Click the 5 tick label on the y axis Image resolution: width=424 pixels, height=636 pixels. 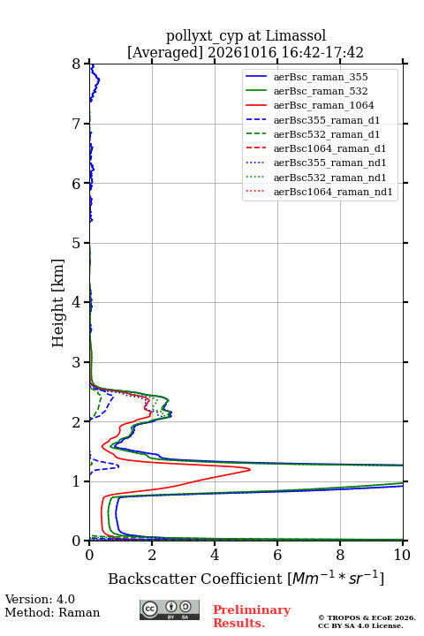click(77, 243)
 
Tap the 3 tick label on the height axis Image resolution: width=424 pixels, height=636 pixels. click(77, 362)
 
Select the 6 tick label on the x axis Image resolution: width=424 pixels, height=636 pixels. click(277, 555)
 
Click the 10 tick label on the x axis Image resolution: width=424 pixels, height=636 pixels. click(403, 555)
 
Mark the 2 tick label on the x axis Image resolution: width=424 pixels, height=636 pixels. click(152, 555)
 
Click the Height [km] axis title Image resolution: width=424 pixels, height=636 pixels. click(57, 303)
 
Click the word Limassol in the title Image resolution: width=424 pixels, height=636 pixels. click(296, 35)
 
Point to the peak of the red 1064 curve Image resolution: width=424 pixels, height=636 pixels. click(250, 470)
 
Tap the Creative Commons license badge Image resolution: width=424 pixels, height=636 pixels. click(170, 609)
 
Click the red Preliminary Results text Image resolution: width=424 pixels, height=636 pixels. click(252, 617)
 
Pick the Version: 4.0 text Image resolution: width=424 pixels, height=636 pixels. click(40, 599)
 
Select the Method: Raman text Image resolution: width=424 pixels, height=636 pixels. click(52, 612)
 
